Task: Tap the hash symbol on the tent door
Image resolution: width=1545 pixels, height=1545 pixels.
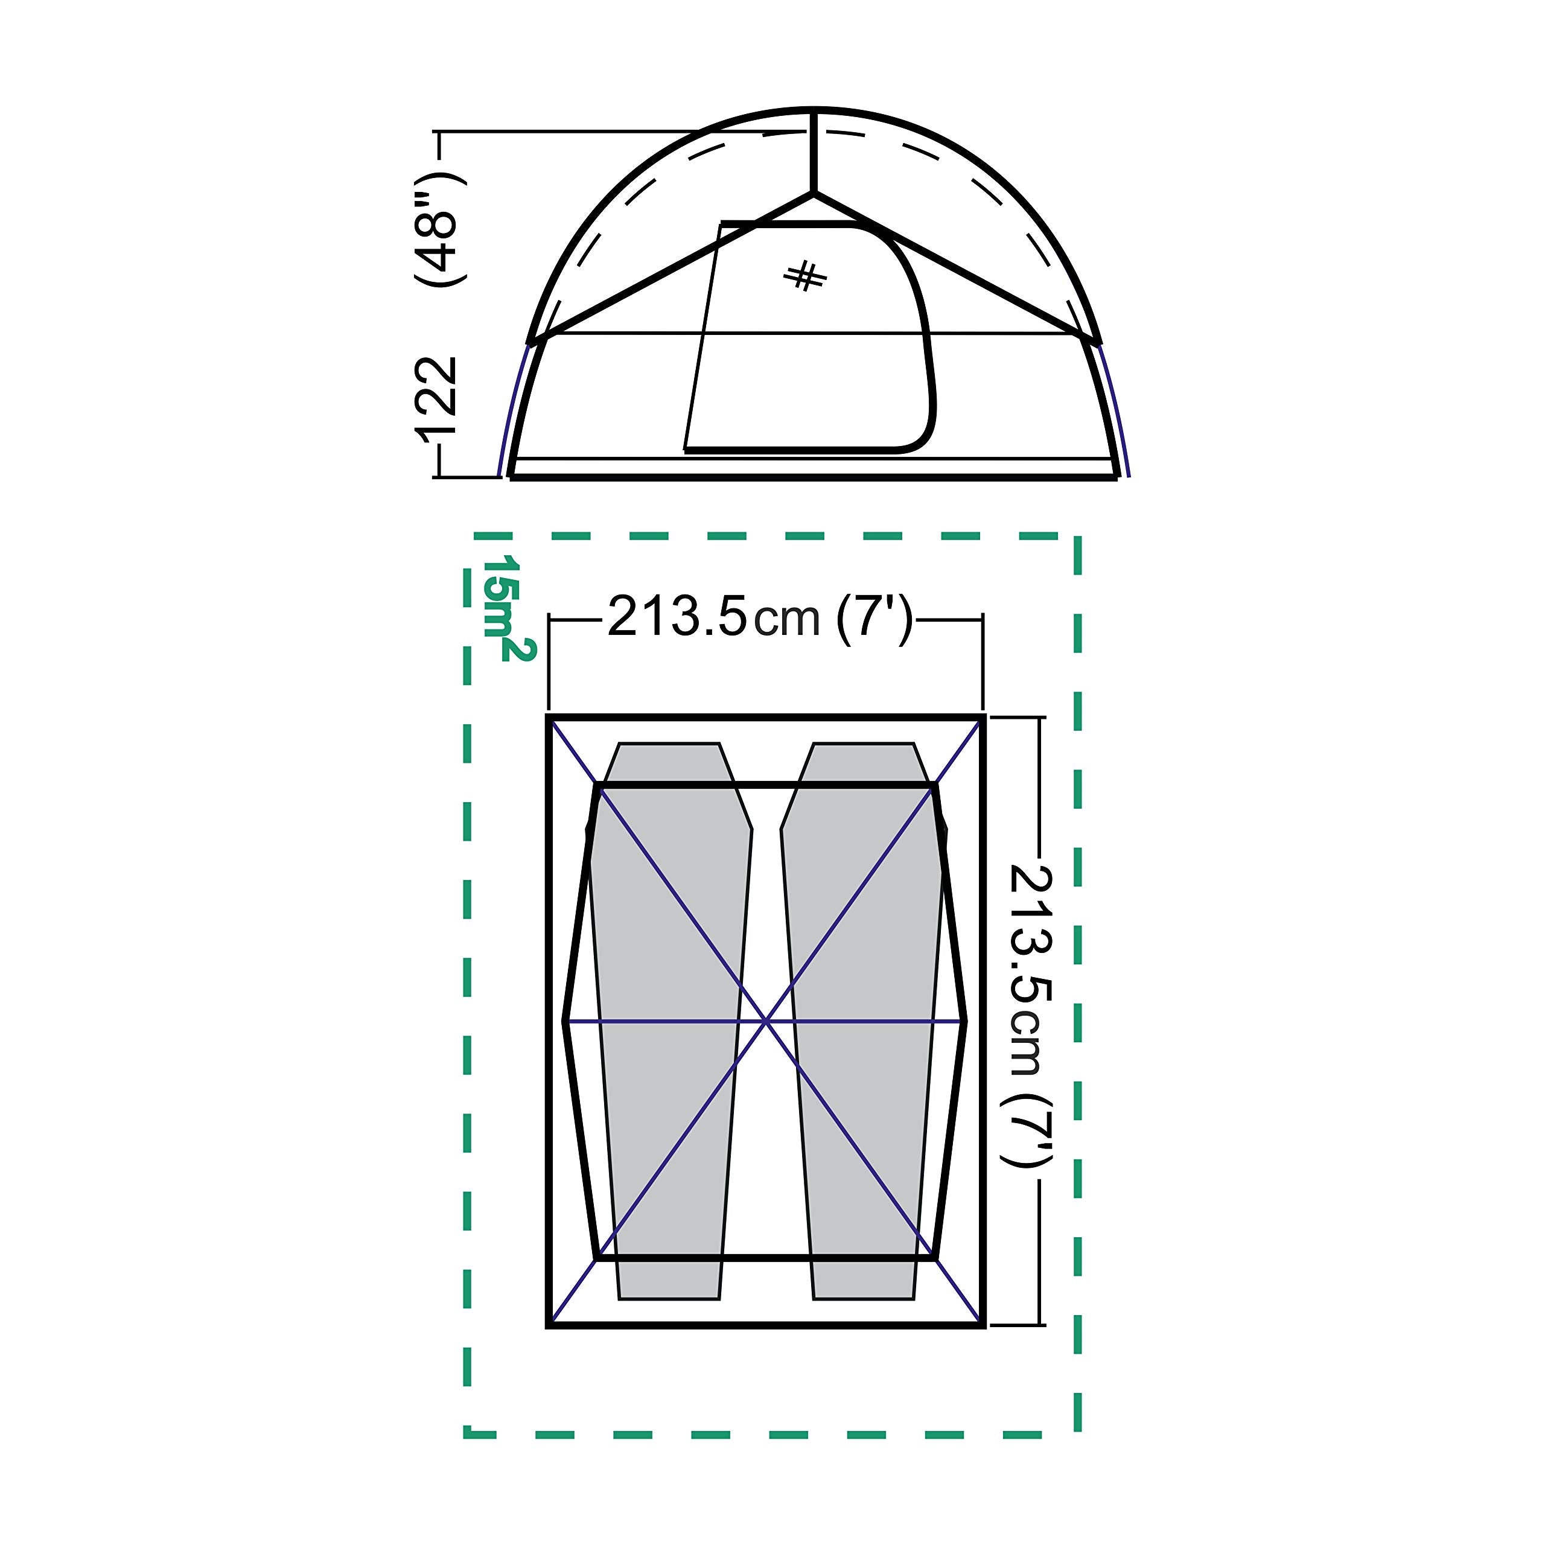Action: tap(805, 276)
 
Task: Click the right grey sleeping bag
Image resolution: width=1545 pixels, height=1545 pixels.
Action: tap(864, 1016)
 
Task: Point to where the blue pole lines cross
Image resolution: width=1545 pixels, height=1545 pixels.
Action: tap(766, 1021)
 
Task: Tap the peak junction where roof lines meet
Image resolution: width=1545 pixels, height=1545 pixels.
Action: tap(814, 192)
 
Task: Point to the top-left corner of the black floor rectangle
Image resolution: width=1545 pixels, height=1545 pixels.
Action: tap(549, 718)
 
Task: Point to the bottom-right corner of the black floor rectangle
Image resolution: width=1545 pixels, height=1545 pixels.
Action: tap(983, 1326)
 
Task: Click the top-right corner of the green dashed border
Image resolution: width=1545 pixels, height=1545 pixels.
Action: tap(1078, 537)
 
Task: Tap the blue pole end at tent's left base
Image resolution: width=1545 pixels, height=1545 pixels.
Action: tap(500, 475)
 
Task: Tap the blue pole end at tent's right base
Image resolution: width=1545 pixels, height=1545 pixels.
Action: tap(1129, 475)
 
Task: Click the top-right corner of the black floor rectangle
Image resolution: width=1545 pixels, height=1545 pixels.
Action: tap(983, 718)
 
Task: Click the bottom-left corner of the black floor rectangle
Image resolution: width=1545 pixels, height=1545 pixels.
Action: tap(549, 1326)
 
